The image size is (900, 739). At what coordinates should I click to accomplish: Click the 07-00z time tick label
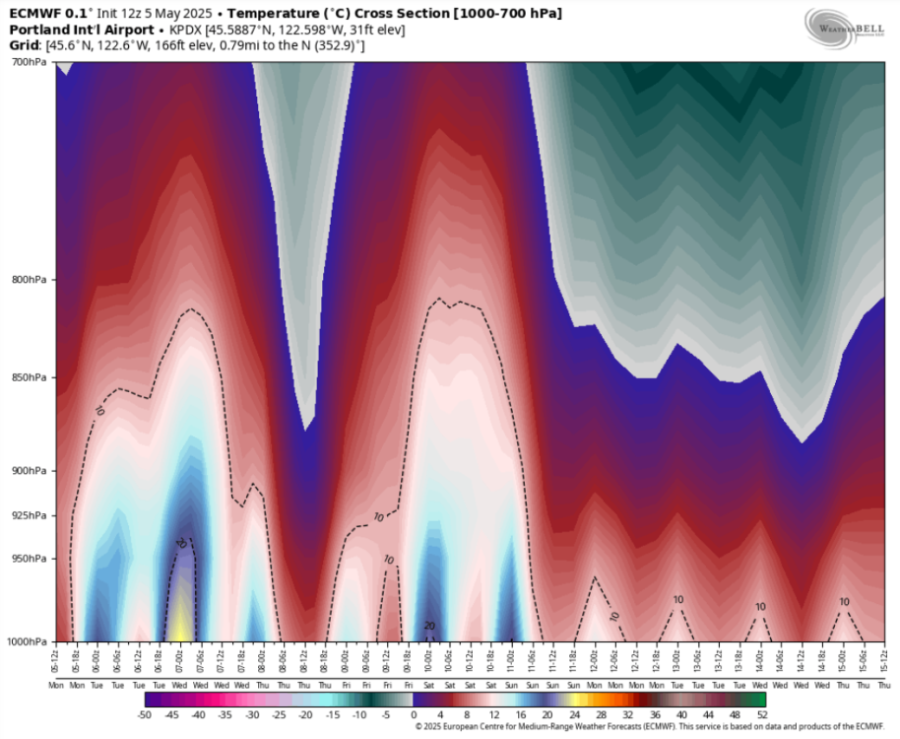pos(181,656)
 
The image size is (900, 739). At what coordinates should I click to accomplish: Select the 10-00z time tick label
pos(430,656)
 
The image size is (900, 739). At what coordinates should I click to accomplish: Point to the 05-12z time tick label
pos(56,656)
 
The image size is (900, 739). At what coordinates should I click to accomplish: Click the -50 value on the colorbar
pos(146,713)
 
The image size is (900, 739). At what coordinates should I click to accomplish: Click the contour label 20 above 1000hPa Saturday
pos(429,625)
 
